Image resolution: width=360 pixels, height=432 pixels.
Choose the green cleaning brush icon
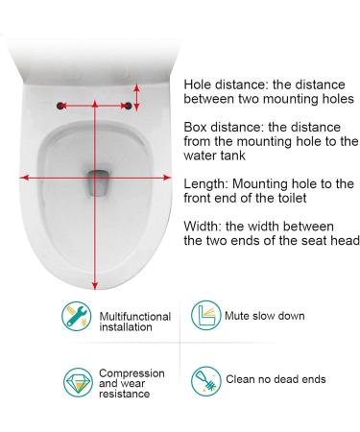pyautogui.click(x=204, y=380)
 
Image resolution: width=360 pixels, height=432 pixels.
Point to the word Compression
pyautogui.click(x=132, y=372)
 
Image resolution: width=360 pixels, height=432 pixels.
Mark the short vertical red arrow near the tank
pyautogui.click(x=137, y=96)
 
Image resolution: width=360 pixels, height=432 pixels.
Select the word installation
pyautogui.click(x=125, y=327)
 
